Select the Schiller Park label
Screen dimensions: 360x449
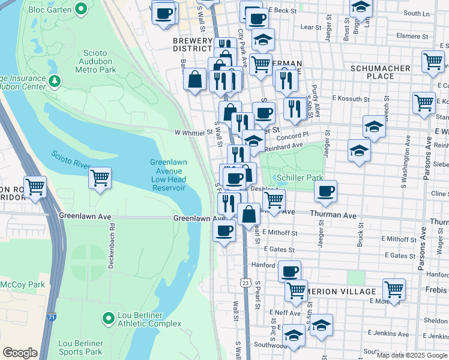point(300,178)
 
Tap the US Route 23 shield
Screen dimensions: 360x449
point(245,282)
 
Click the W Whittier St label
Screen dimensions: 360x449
point(194,133)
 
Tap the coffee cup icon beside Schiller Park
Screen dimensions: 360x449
point(325,191)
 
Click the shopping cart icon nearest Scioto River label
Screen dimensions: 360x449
point(100,178)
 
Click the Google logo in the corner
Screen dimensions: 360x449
point(20,353)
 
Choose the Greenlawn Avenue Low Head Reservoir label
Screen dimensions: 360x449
point(167,175)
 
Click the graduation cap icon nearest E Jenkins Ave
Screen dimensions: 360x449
point(321,325)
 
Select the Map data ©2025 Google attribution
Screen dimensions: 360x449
point(412,355)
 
